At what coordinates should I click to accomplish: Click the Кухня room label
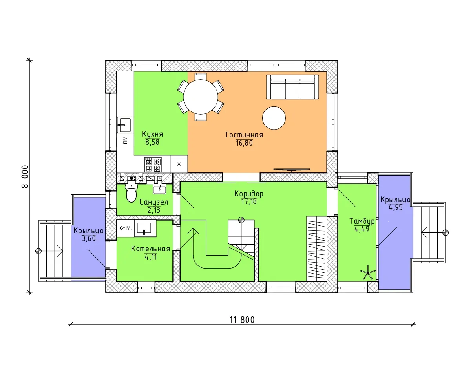pos(152,134)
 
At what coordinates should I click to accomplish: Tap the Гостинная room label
pos(244,135)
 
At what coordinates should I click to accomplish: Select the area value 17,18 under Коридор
pos(249,201)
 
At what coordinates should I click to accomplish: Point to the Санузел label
pos(153,202)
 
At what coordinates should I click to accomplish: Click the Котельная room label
pos(151,249)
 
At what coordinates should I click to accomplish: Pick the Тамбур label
pos(362,221)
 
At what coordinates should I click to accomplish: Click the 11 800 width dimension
pos(242,320)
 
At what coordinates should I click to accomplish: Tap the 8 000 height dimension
pos(25,176)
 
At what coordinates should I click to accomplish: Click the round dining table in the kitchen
pos(201,97)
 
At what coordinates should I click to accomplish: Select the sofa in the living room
pos(292,87)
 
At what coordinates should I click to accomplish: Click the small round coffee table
pos(274,118)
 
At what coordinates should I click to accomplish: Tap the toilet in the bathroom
pos(132,191)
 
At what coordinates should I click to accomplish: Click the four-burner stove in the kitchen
pos(153,165)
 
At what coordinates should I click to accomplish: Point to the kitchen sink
pos(124,125)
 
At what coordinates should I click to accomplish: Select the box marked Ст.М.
pos(126,228)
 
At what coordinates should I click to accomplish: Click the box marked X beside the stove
pos(179,164)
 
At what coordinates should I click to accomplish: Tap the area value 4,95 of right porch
pos(396,207)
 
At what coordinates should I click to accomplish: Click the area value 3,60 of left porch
pos(89,238)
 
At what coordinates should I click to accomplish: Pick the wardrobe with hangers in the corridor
pos(317,249)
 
